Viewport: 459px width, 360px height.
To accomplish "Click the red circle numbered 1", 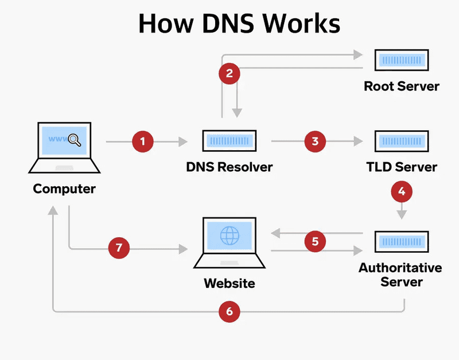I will pos(143,141).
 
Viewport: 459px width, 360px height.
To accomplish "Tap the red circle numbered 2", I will pos(229,73).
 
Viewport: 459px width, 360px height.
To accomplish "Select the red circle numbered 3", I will pos(315,141).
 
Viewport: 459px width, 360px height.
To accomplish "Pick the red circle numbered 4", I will pos(402,191).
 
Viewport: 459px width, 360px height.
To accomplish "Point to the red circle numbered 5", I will pos(315,241).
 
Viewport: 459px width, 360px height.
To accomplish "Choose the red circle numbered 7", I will pos(119,248).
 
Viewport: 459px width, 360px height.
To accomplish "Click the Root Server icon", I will pos(401,60).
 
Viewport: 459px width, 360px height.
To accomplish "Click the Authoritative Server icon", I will pos(401,242).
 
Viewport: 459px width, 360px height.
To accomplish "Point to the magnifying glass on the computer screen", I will pos(74,139).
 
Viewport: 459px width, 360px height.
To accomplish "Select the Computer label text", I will pos(64,189).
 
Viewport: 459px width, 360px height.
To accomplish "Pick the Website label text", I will pos(229,283).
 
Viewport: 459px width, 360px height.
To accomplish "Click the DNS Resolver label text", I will pos(229,167).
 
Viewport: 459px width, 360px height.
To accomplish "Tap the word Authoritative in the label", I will pos(400,268).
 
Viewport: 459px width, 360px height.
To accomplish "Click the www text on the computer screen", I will pos(57,139).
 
